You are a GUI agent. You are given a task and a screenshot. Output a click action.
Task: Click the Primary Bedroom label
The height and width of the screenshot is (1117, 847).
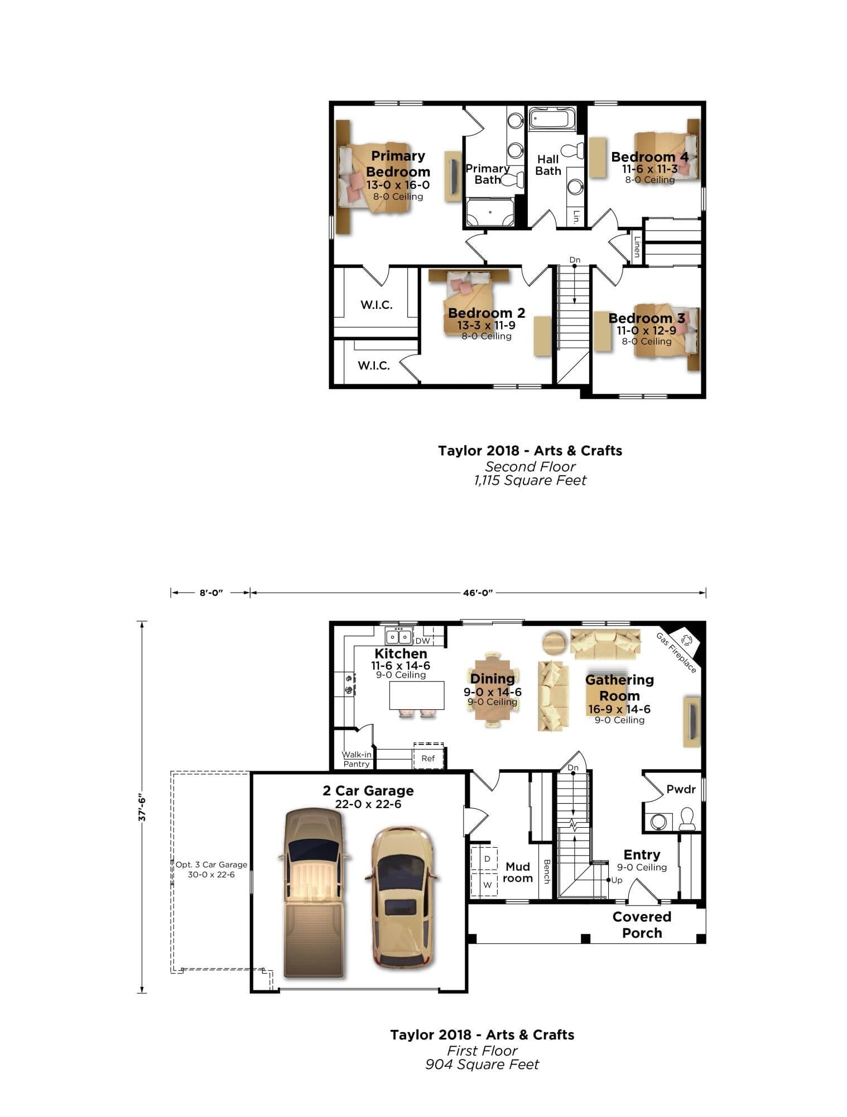[398, 164]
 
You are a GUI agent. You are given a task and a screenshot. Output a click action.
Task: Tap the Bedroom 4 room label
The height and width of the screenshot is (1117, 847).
[649, 157]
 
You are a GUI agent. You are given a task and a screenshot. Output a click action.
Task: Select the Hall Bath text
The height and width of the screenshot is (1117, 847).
[548, 165]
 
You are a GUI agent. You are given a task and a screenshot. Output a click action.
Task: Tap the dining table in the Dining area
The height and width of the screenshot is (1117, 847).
[493, 690]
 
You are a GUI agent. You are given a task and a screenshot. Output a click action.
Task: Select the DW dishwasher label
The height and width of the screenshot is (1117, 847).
[422, 641]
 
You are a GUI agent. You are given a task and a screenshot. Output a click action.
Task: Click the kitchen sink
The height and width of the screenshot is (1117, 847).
[398, 636]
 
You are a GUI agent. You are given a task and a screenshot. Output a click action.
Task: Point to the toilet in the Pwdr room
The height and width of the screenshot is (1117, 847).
[686, 819]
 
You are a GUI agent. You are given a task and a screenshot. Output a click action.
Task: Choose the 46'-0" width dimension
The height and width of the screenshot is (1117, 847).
[478, 593]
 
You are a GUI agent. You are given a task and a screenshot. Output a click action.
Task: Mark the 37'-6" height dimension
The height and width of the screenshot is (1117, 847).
[142, 808]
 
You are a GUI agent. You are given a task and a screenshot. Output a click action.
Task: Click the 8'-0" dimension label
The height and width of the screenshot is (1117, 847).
[211, 593]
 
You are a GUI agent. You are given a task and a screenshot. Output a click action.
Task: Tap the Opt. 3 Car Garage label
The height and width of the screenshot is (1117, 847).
[211, 869]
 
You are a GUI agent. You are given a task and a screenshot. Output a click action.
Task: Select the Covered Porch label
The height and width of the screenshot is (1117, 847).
[642, 924]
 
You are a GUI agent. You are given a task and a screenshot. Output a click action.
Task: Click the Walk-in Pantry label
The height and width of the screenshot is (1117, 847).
[357, 759]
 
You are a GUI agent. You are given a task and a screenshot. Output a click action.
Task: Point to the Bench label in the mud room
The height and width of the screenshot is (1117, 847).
[546, 871]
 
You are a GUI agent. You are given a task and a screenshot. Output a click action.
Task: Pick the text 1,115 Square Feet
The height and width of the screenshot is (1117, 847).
[530, 480]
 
